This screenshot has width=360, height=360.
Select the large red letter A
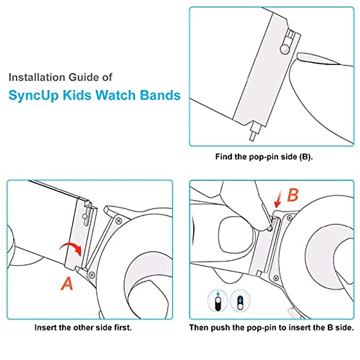point(67,283)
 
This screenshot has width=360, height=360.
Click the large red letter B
point(293,195)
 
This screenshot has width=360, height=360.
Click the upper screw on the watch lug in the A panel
point(119,221)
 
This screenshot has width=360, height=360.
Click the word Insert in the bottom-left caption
point(45,327)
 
